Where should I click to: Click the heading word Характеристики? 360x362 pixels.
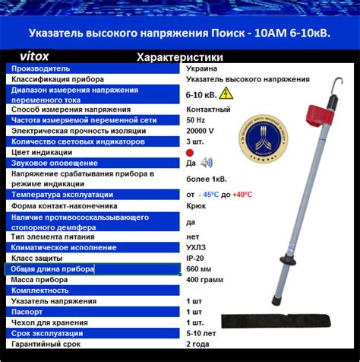click(x=178, y=57)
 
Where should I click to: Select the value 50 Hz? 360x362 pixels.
click(x=196, y=120)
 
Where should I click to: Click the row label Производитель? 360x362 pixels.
click(x=40, y=68)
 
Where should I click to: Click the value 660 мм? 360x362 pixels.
click(x=199, y=269)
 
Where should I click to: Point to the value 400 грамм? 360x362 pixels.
click(x=205, y=280)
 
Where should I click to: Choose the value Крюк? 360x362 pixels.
click(x=195, y=205)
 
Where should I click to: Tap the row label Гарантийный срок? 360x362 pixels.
click(x=46, y=344)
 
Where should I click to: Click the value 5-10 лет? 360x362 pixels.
click(x=201, y=333)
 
